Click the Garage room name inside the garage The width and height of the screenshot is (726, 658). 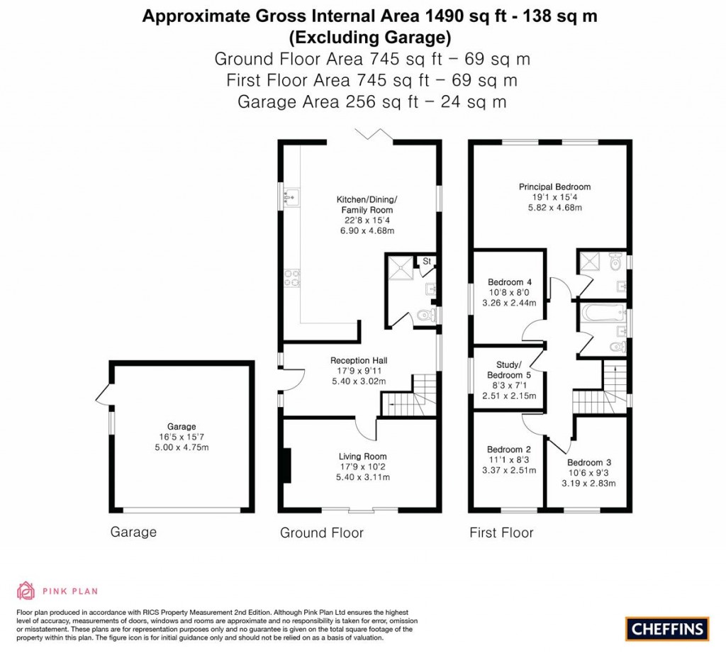pos(181,426)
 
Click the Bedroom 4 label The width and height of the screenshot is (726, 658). pos(506,282)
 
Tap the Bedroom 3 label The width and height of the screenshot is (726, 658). pos(588,463)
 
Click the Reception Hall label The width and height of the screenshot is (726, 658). pos(359,360)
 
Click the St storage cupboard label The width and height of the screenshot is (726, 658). pos(428,262)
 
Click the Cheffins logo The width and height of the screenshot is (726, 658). pos(666,628)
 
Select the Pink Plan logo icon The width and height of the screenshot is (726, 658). pos(26,591)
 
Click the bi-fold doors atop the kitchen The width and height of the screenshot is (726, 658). pos(374,135)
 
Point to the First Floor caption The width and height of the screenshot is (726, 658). pos(501,532)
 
